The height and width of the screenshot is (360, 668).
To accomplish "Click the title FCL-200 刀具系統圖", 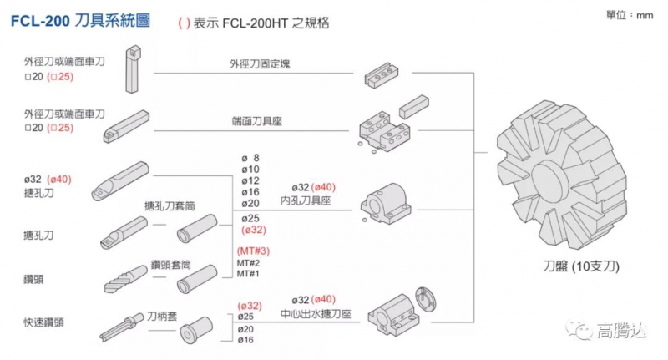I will click(x=80, y=22).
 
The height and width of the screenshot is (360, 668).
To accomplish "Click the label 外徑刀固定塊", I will click(x=260, y=63).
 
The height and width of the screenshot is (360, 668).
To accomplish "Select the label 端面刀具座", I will click(x=256, y=121).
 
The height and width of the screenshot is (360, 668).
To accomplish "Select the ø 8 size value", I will click(x=250, y=157).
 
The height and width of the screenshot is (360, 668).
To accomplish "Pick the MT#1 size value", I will click(x=249, y=274).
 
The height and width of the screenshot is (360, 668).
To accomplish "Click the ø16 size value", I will click(x=246, y=340).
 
